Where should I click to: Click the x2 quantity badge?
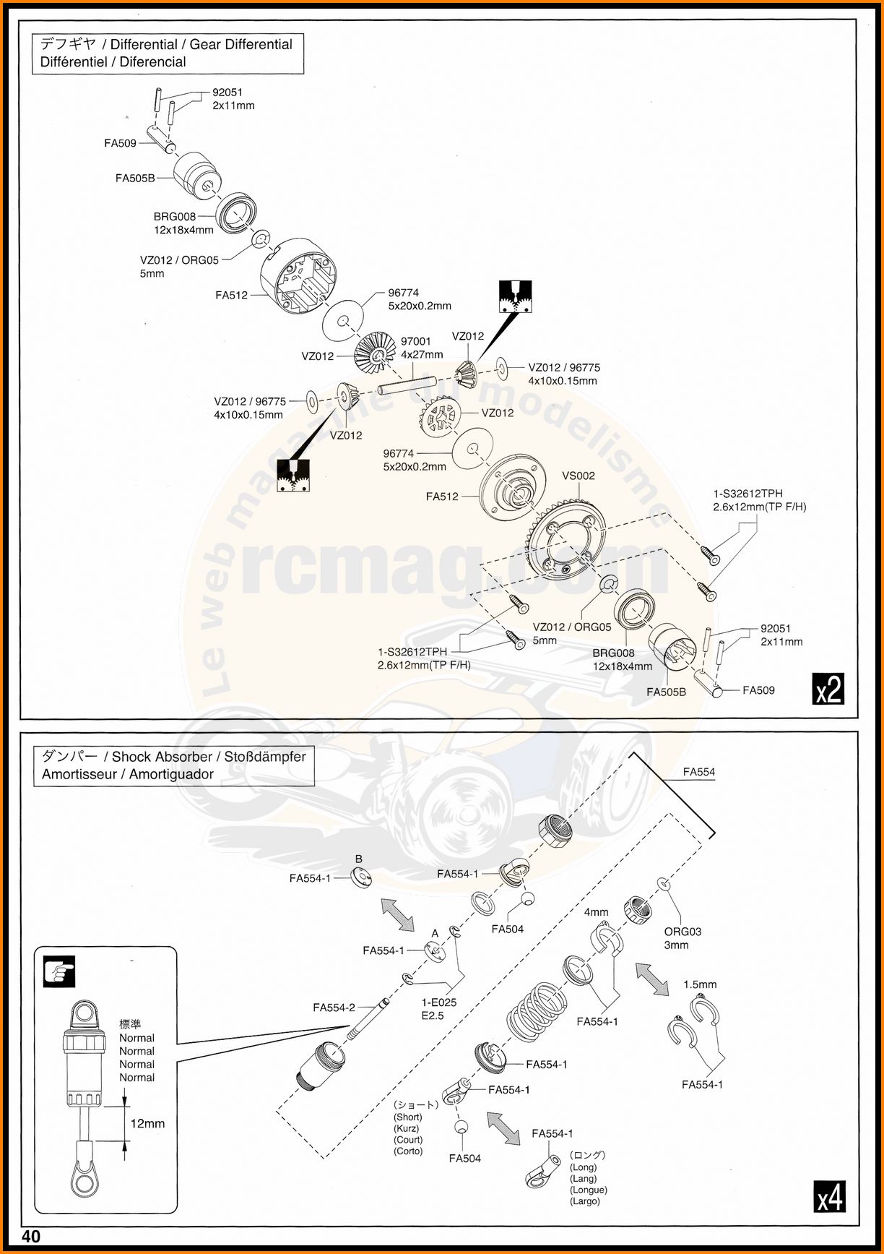point(828,689)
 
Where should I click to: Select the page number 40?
point(31,1236)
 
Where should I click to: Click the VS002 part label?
point(578,476)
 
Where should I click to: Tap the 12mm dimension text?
point(147,1123)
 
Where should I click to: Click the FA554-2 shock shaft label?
point(334,1008)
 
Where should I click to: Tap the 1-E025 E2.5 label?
point(438,1009)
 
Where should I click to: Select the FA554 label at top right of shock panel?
point(698,772)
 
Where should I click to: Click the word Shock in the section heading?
point(131,757)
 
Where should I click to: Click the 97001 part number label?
point(415,341)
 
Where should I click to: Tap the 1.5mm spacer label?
point(700,984)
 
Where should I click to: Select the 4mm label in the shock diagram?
point(596,912)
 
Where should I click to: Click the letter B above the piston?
point(358,859)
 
